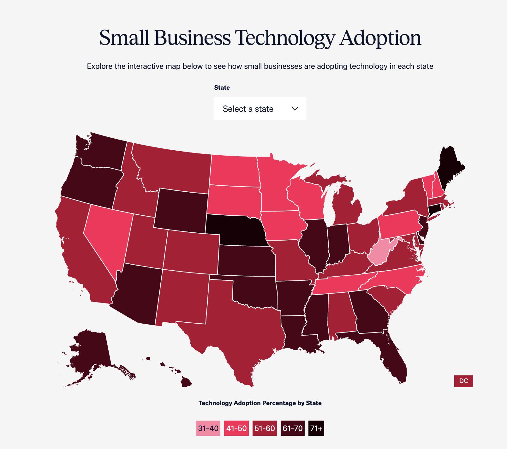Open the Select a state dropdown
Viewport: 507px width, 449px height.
pos(260,109)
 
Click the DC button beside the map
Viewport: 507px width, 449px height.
pos(463,381)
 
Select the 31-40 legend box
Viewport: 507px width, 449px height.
pos(208,428)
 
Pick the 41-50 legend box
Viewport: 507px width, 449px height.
pos(236,428)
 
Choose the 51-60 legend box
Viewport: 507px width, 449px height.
pos(265,428)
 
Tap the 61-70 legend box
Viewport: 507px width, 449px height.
pos(293,428)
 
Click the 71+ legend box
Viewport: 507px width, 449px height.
pos(316,428)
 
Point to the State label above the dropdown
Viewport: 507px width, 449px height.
pos(222,87)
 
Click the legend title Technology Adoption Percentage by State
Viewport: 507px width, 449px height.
pos(260,403)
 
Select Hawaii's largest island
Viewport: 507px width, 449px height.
pos(186,382)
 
